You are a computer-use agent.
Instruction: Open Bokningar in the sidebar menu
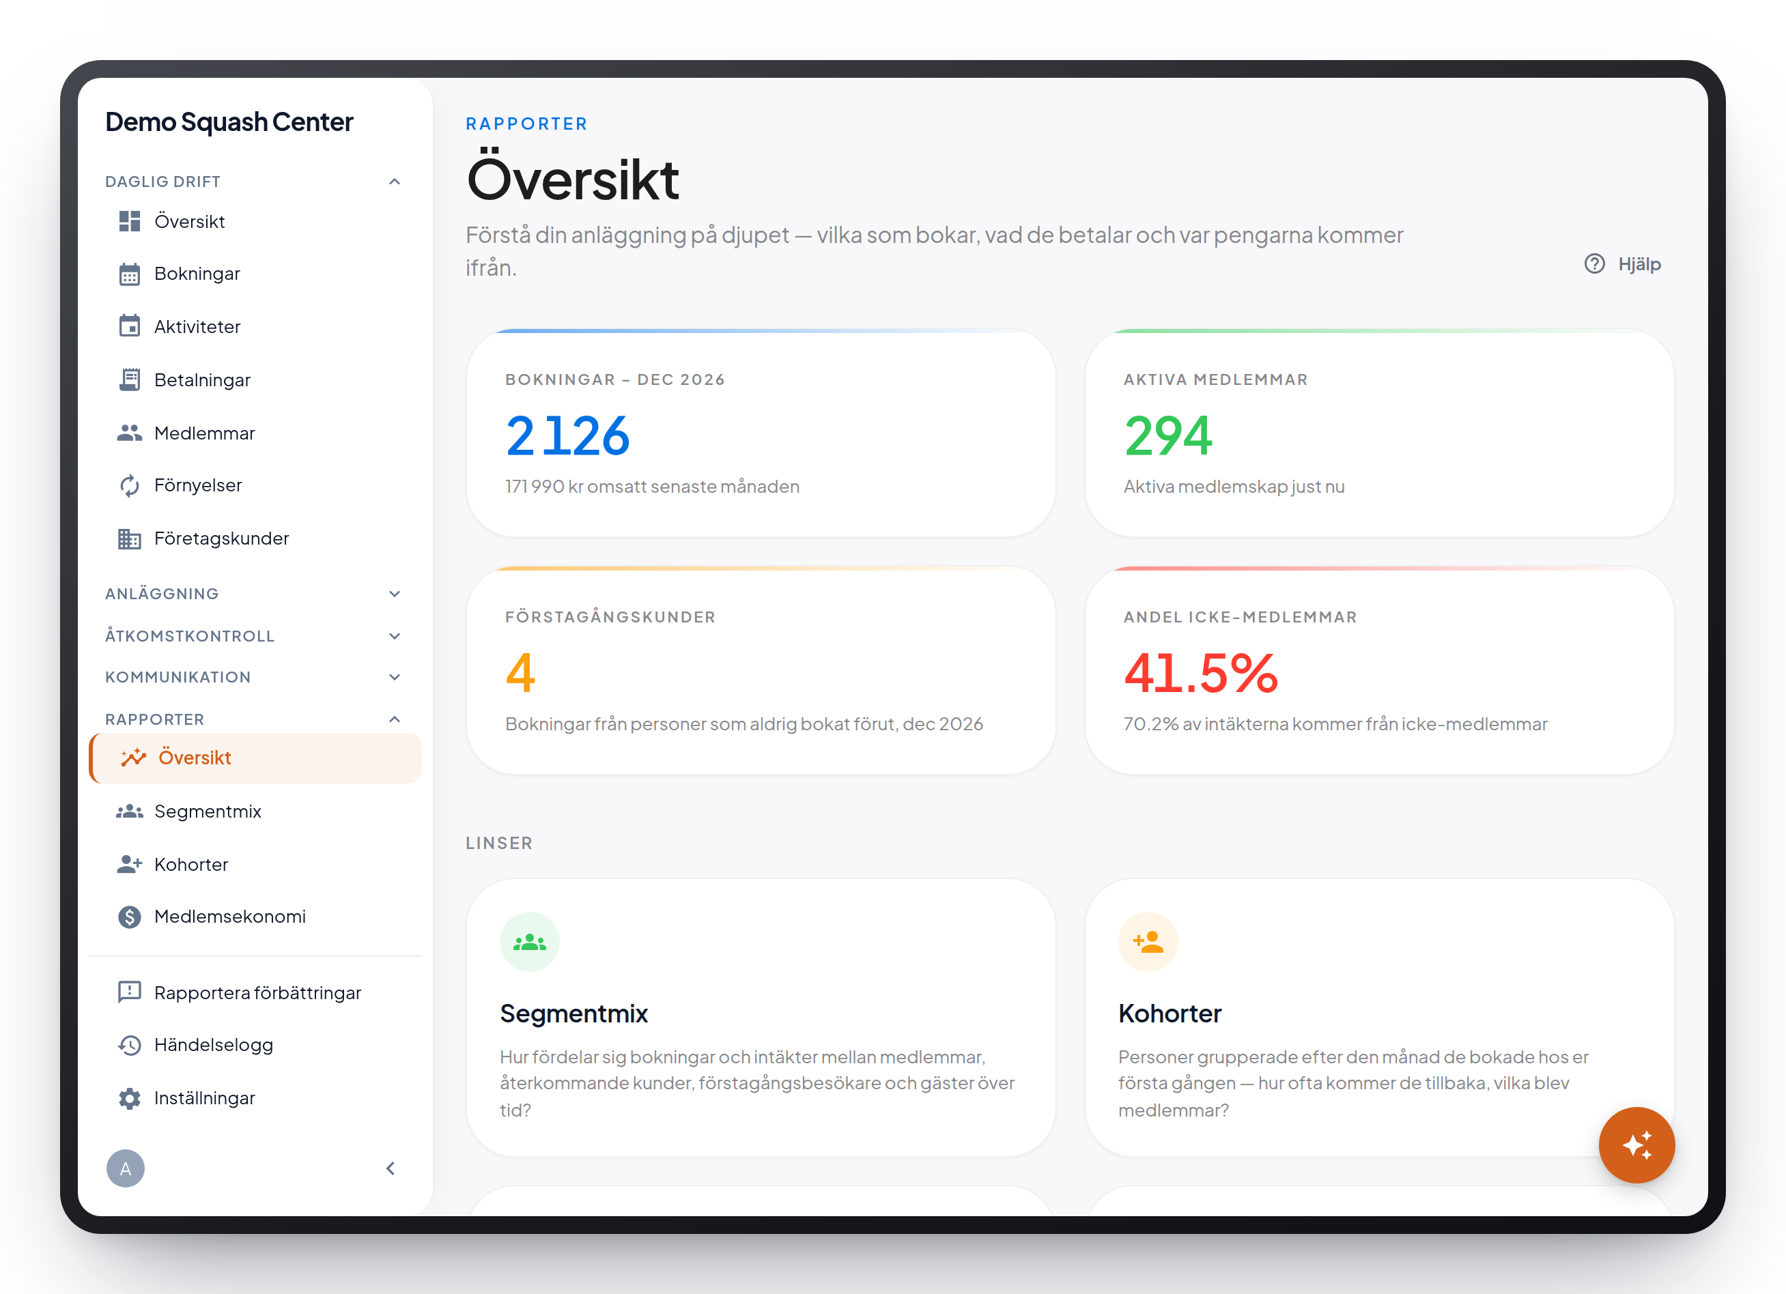tap(197, 274)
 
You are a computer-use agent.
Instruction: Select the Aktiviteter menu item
tap(197, 327)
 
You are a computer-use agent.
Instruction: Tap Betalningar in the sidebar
tap(202, 379)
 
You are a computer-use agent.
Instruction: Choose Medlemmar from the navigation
tap(205, 433)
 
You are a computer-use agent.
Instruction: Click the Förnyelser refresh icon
tap(130, 486)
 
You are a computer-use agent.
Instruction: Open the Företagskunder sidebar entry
tap(221, 538)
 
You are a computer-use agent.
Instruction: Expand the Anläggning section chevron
tap(395, 594)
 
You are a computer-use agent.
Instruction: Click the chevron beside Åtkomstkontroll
tap(395, 636)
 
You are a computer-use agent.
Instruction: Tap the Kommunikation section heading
tap(178, 677)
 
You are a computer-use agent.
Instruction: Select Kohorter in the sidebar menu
tap(191, 864)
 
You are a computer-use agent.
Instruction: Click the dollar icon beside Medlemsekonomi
tap(130, 917)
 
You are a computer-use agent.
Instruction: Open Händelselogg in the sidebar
tap(214, 1046)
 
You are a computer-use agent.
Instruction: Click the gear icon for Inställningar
tap(130, 1098)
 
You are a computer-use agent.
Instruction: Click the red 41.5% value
tap(1201, 673)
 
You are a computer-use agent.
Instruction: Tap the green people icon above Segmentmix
tap(530, 941)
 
